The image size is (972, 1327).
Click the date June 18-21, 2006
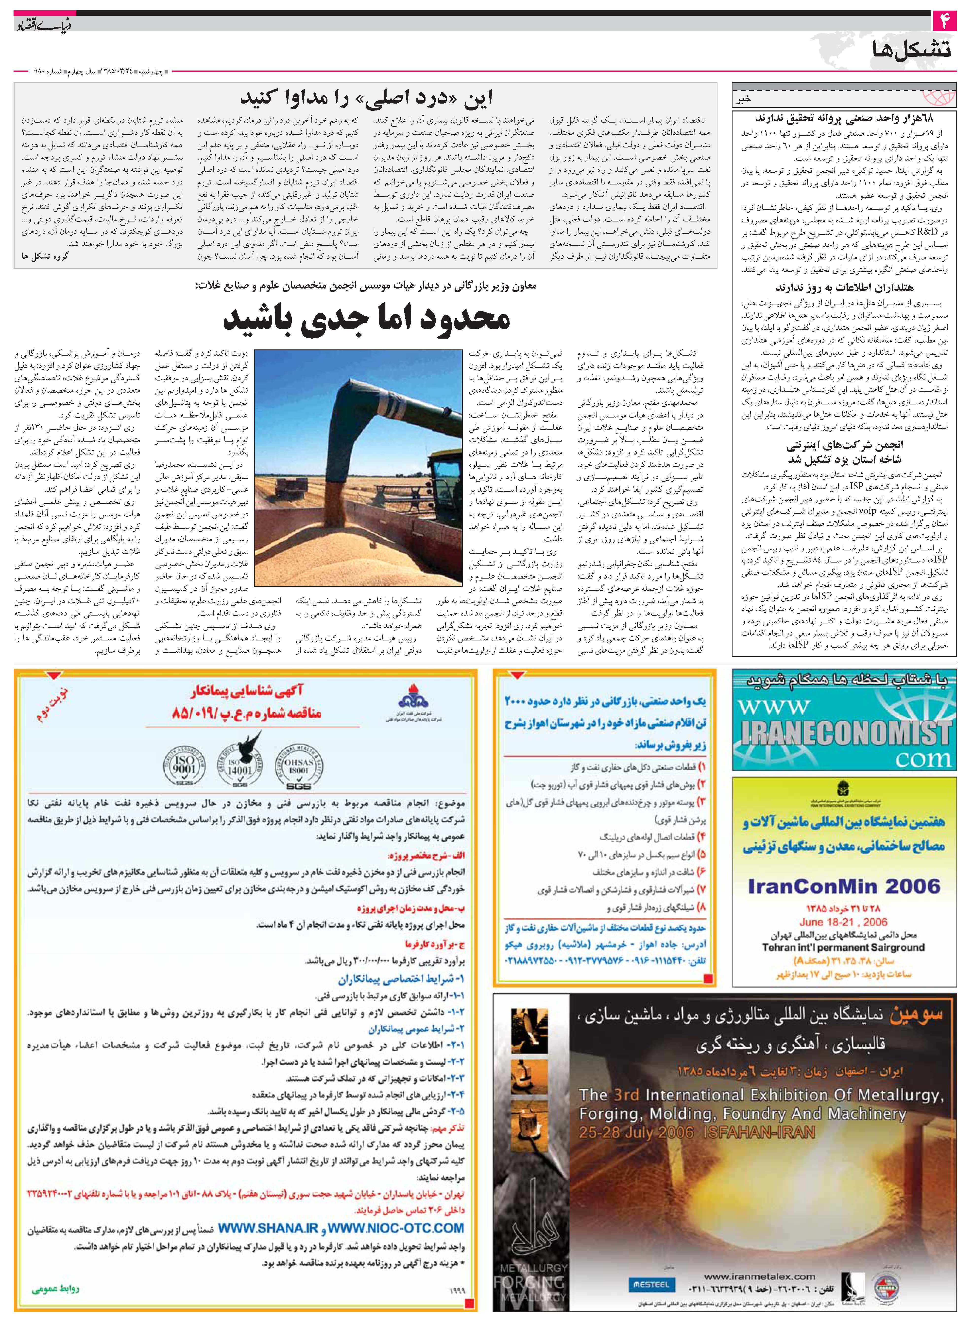tap(843, 922)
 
